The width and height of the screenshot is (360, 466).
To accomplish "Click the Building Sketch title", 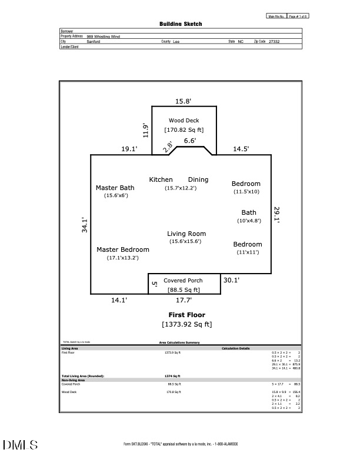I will [181, 24].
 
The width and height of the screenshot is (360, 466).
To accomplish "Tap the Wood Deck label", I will [184, 121].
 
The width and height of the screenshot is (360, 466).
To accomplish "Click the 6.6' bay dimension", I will [189, 141].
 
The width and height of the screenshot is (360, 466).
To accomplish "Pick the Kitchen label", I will [161, 179].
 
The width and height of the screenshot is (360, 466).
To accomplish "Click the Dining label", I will [198, 179].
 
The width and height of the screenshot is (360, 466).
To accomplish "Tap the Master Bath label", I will [115, 188].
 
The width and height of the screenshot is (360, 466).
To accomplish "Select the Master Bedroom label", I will [123, 249].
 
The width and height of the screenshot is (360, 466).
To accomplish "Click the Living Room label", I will [186, 234].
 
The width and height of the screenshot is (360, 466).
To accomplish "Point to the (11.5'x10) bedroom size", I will [246, 192].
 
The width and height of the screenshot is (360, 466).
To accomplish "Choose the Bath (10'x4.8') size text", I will [248, 221].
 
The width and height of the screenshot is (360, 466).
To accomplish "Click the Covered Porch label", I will [183, 281].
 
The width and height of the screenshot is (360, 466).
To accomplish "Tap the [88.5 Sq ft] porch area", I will [184, 289].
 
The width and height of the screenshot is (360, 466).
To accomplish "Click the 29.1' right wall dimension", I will [277, 214].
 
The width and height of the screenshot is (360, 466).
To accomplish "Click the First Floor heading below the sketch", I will [187, 315].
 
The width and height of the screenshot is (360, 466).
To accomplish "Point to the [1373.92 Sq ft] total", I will [187, 324].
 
